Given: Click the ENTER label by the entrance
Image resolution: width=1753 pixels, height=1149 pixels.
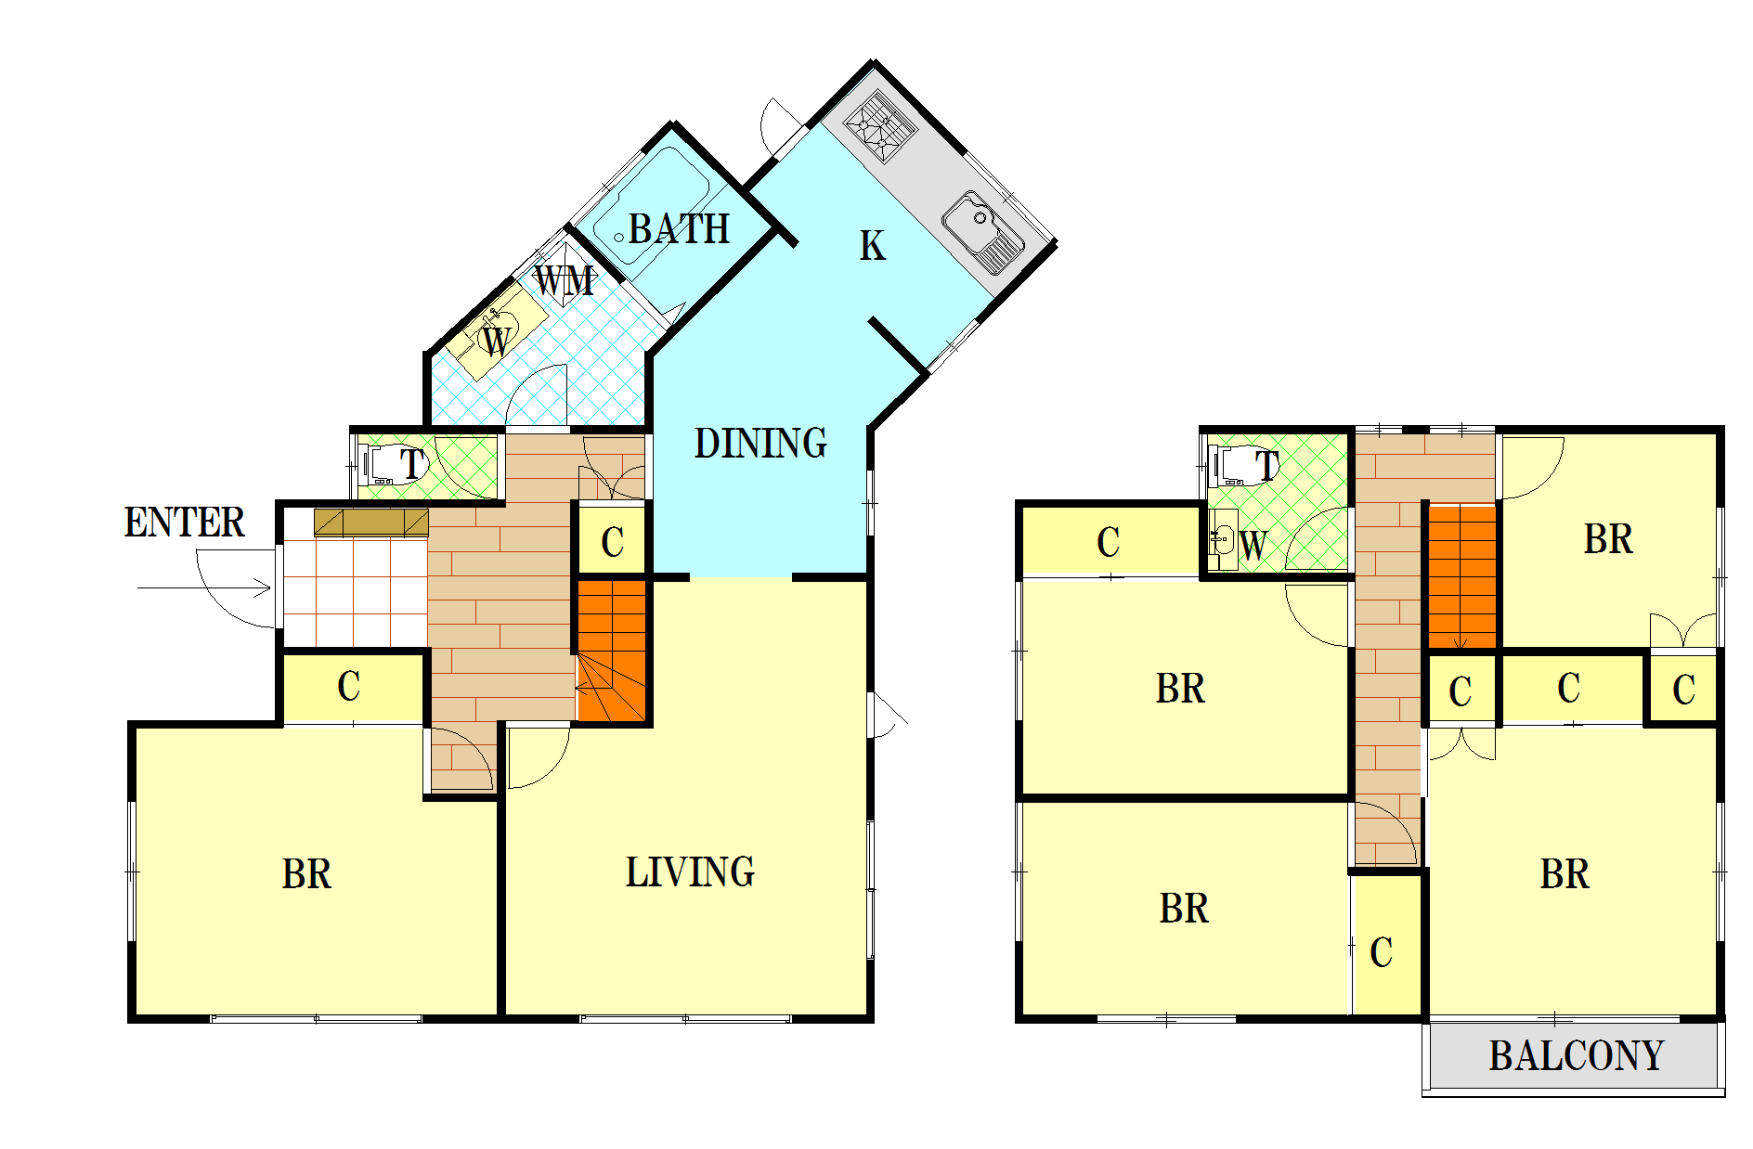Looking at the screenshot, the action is click(184, 523).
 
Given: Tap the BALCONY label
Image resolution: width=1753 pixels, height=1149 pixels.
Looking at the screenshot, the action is click(1577, 1056).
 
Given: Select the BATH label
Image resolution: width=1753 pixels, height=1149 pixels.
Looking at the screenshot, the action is click(679, 229).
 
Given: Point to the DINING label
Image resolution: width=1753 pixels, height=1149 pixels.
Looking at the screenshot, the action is click(760, 444).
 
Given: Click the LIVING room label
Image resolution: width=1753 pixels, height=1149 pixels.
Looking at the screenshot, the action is click(690, 872).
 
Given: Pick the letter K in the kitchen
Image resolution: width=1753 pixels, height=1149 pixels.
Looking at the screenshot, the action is click(872, 246).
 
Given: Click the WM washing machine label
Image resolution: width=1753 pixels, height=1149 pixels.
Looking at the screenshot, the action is click(565, 280).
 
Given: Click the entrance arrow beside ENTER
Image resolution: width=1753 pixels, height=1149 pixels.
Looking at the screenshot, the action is click(204, 587).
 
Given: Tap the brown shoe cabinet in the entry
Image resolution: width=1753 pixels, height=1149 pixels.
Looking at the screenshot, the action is click(371, 523).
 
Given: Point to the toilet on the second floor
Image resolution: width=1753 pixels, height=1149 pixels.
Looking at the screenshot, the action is click(1243, 465).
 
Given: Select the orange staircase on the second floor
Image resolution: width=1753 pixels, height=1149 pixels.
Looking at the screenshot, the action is click(1462, 576).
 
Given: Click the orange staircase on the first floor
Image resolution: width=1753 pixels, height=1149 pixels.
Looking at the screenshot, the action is click(612, 651).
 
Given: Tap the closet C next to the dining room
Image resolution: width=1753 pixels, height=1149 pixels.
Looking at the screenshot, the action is click(612, 542).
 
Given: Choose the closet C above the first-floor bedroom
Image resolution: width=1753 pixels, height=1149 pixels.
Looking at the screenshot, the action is click(353, 688).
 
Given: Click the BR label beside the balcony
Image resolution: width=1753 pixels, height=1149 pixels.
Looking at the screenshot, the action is click(1565, 874).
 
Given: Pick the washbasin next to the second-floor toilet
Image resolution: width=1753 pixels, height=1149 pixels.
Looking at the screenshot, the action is click(1223, 540).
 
